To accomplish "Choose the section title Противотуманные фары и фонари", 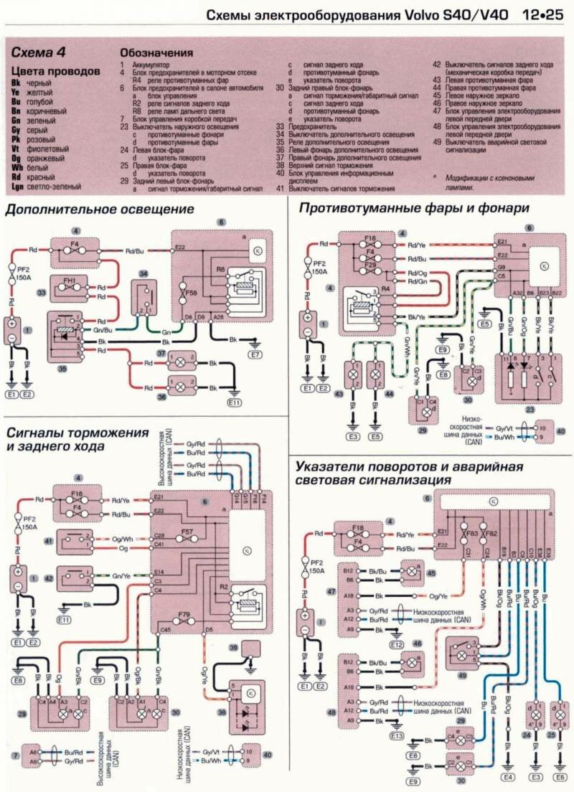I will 414,208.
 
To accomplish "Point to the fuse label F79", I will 185,615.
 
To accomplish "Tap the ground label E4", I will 509,775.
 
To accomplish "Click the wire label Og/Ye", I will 438,595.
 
